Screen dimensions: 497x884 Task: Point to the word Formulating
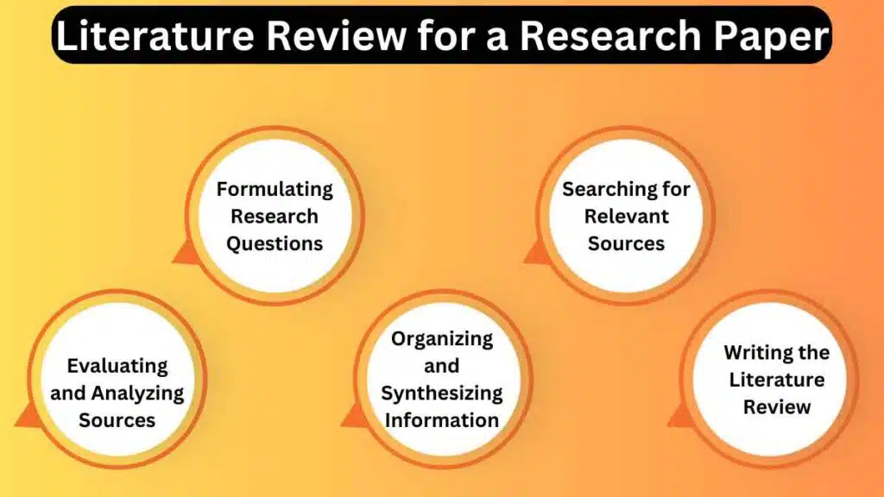(x=275, y=189)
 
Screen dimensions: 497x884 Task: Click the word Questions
(x=275, y=244)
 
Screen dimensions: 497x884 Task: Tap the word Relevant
(x=626, y=217)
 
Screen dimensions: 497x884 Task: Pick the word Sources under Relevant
(x=626, y=244)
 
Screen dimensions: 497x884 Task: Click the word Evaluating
(x=117, y=366)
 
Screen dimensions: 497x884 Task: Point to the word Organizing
(x=442, y=338)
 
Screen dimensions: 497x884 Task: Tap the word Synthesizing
(x=442, y=393)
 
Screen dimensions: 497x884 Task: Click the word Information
(x=442, y=421)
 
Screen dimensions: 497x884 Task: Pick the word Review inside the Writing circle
(x=776, y=407)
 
